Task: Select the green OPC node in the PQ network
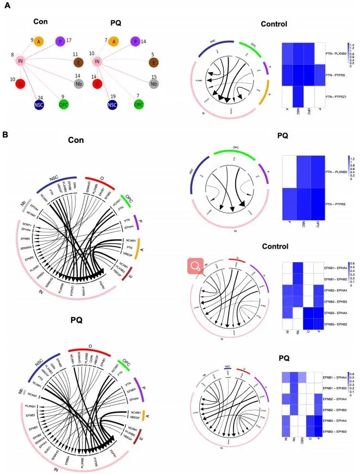pos(139,103)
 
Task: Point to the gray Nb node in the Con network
pos(79,84)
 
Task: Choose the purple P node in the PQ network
pos(134,41)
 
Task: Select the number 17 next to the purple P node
pos(69,39)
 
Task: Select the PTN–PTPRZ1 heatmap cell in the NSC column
pos(298,96)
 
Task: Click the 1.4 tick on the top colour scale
pos(352,45)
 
